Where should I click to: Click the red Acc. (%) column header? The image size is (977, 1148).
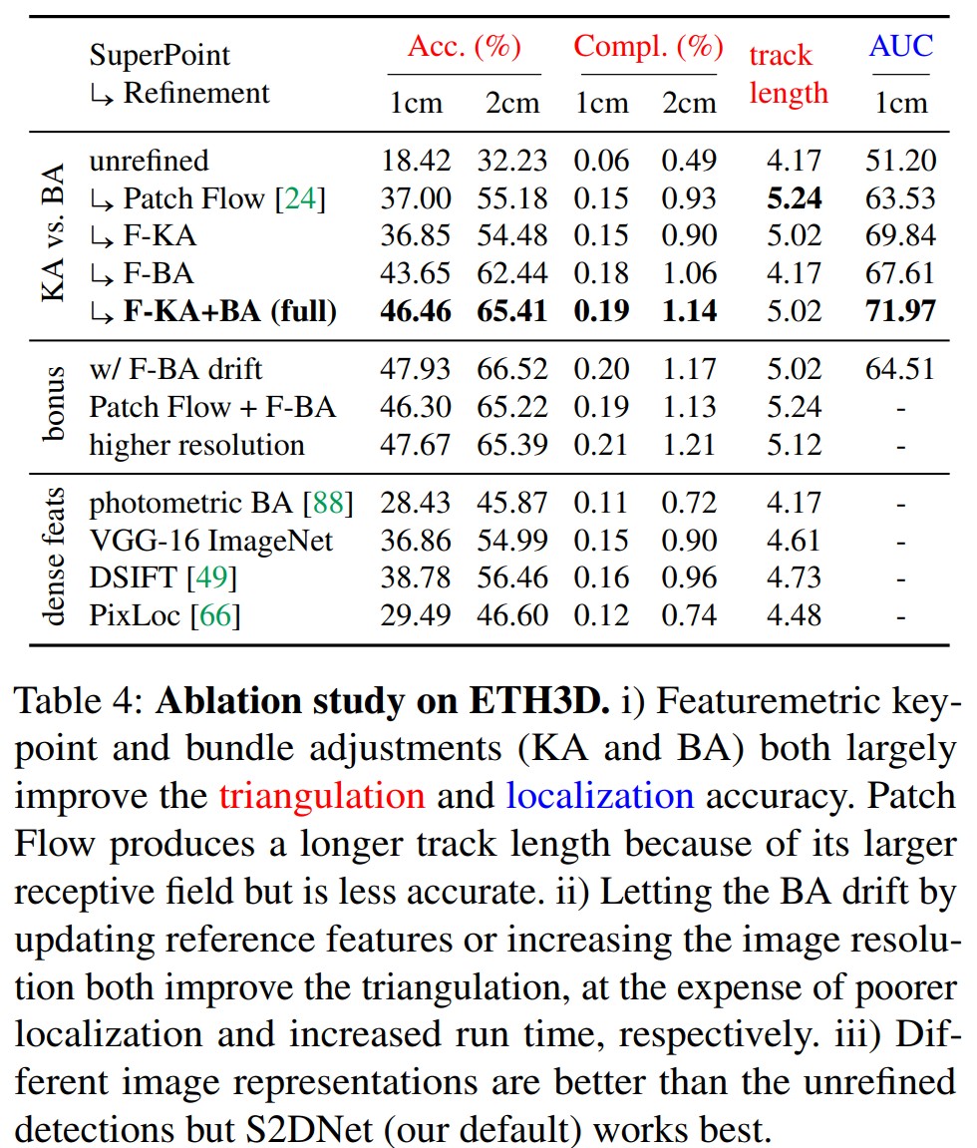click(x=464, y=48)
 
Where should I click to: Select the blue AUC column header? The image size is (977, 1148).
click(x=900, y=46)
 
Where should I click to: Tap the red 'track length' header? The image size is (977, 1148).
click(x=788, y=75)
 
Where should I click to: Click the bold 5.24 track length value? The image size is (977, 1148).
click(x=794, y=198)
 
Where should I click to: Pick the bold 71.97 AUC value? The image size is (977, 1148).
click(x=900, y=311)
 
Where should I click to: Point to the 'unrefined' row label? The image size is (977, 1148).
click(x=150, y=161)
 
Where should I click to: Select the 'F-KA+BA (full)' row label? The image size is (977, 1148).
click(x=230, y=311)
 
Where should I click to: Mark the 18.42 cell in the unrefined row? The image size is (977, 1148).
click(x=416, y=161)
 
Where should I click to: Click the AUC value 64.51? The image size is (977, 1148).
click(x=900, y=369)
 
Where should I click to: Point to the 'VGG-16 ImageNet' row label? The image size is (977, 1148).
click(x=211, y=540)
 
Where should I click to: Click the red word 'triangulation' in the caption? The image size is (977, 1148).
click(x=322, y=795)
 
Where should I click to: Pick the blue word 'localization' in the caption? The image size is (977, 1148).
click(x=600, y=795)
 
